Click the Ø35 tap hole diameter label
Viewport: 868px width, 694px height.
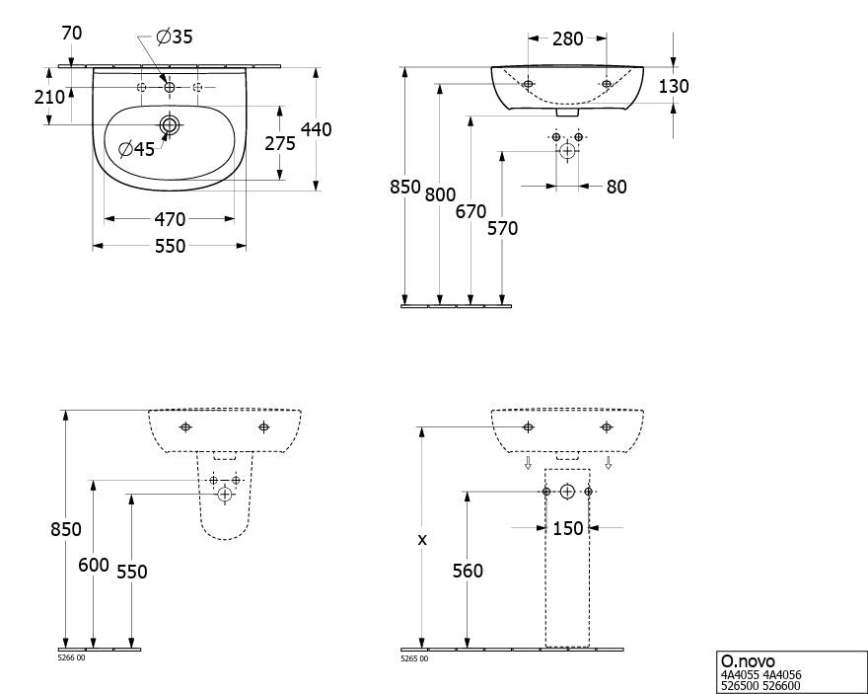coord(175,37)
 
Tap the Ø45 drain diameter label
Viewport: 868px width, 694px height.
coord(137,148)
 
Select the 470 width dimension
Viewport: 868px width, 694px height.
coord(170,219)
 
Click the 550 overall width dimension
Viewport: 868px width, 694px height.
coord(170,246)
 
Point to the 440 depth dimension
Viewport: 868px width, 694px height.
coord(316,129)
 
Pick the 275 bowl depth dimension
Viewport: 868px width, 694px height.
coord(280,143)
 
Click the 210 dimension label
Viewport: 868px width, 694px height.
coord(50,97)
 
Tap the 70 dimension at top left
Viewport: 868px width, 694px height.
coord(72,34)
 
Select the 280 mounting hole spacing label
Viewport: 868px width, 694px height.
coord(568,39)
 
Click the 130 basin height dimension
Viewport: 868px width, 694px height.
coord(674,86)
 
